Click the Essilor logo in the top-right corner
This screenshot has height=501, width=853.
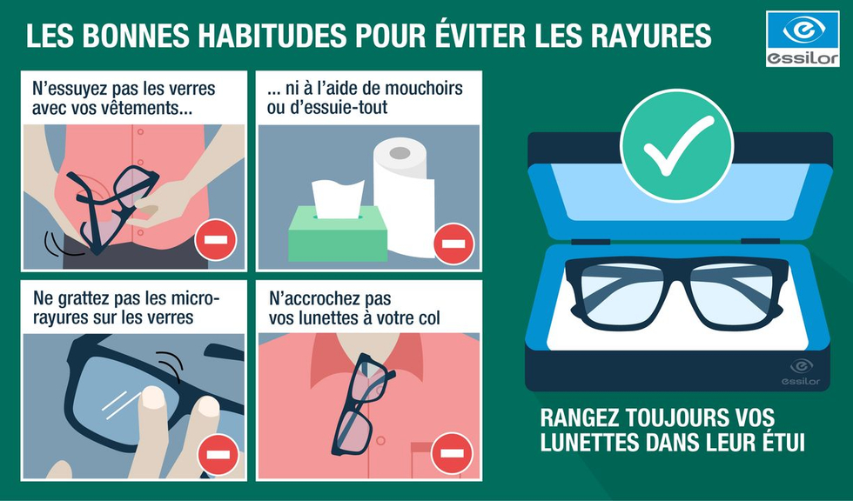click(803, 38)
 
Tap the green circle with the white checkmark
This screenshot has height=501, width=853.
click(677, 145)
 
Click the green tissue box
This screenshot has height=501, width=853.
click(338, 234)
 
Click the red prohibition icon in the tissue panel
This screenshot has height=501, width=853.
click(453, 244)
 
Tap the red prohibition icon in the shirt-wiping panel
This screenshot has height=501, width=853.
click(216, 240)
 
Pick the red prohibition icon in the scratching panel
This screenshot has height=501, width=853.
click(218, 455)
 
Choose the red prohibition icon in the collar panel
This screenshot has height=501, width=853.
click(452, 453)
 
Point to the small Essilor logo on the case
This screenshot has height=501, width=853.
click(801, 371)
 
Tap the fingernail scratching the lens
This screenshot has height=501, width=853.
click(153, 397)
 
